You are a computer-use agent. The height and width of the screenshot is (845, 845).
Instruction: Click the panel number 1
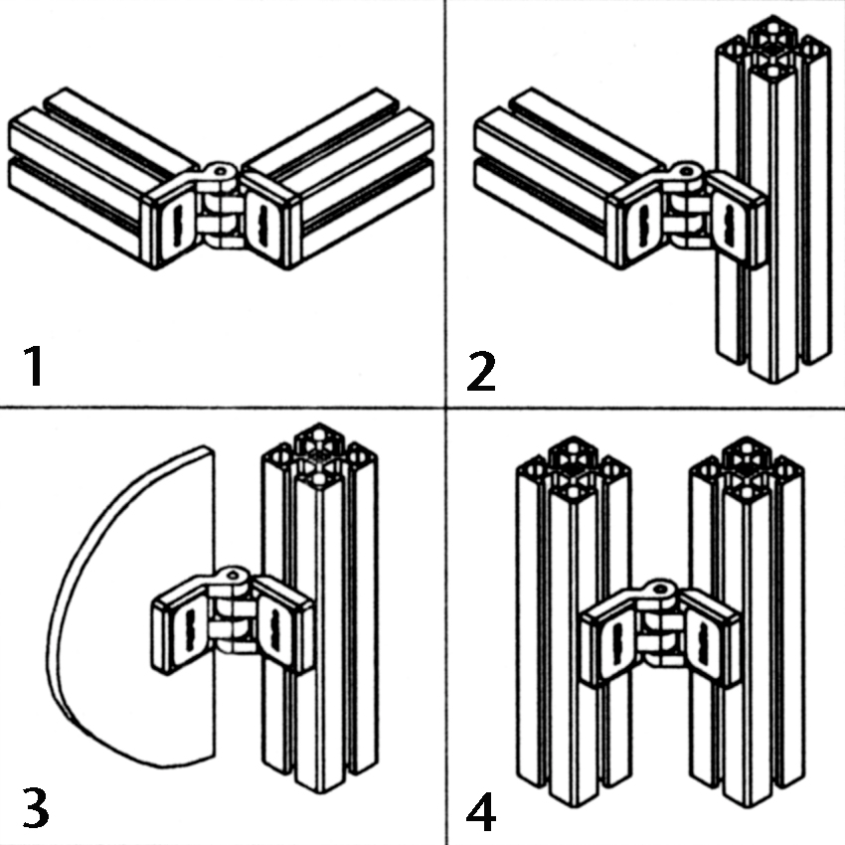point(35,366)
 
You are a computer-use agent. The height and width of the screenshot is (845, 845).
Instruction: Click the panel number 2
point(481,371)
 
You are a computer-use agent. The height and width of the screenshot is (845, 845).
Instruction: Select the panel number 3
point(36,807)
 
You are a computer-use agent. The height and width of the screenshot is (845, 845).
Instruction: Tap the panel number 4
point(481,811)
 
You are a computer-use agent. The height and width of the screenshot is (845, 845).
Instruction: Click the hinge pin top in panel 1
point(221,171)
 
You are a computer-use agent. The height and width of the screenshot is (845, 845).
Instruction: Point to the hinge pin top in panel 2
point(686,171)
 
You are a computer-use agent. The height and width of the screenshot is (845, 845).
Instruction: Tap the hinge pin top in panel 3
point(233,576)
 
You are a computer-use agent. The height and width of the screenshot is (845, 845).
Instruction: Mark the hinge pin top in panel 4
point(661,589)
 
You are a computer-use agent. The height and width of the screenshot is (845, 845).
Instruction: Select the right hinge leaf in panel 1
point(270,220)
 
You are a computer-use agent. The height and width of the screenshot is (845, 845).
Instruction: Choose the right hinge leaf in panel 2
point(736,220)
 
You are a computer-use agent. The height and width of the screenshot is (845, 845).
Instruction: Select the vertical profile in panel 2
point(772,200)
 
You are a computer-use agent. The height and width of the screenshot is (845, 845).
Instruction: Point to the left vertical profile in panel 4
point(574,619)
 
